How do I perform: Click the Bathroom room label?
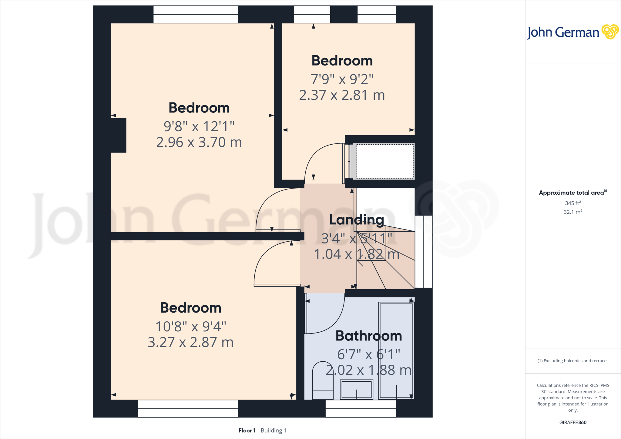[369, 336]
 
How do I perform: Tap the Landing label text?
[357, 220]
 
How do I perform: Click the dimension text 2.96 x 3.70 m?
[199, 142]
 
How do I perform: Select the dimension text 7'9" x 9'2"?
[342, 79]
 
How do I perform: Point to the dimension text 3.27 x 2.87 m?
[190, 342]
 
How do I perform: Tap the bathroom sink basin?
[357, 389]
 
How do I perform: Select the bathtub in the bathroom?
[396, 350]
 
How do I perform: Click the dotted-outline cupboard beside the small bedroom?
[385, 161]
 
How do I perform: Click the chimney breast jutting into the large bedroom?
[119, 135]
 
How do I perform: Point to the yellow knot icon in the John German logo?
[610, 32]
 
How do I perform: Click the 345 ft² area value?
[573, 203]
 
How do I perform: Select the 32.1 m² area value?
[573, 212]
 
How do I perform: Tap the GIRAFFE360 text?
[573, 422]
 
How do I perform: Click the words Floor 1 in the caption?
[247, 431]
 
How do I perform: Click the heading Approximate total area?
[571, 193]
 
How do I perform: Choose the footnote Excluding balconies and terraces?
[573, 361]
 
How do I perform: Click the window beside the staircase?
[424, 251]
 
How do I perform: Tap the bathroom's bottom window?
[361, 408]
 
